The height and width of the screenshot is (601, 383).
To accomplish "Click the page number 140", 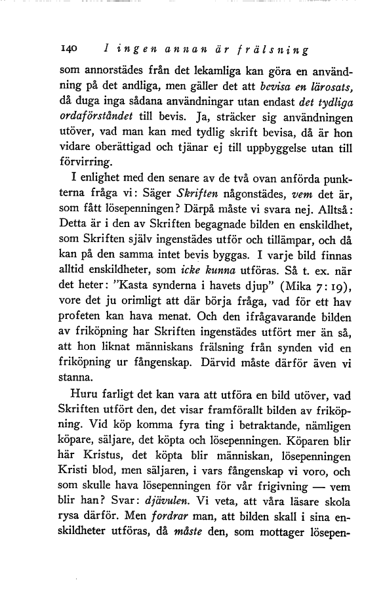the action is (x=68, y=49).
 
